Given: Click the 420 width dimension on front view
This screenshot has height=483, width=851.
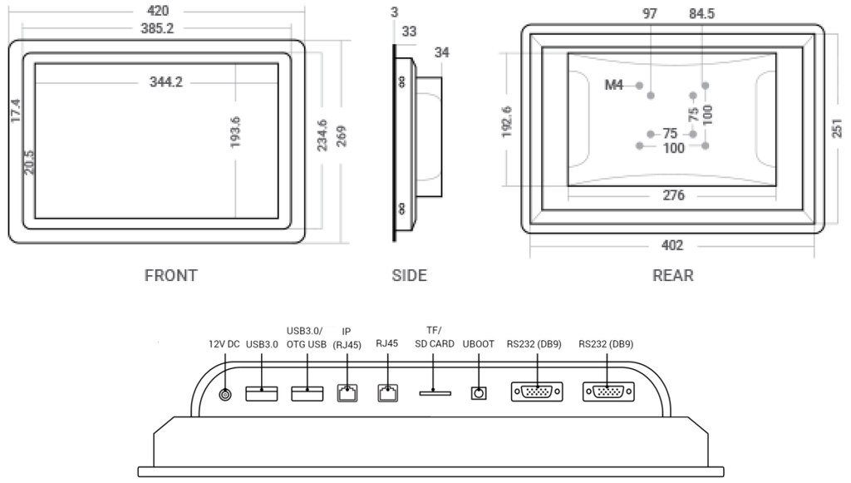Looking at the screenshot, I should click(x=158, y=11).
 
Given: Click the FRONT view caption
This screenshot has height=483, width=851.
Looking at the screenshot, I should click(x=171, y=275).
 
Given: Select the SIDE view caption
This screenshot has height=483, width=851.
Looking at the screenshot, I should click(x=409, y=275).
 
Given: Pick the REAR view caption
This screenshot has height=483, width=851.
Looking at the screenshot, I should click(x=672, y=275).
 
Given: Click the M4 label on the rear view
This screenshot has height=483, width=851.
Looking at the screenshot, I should click(x=614, y=86).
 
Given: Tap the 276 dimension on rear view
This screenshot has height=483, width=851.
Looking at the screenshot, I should click(x=673, y=196).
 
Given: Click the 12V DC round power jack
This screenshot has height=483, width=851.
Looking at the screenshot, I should click(x=224, y=393).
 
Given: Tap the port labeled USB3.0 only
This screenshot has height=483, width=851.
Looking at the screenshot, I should click(x=262, y=392).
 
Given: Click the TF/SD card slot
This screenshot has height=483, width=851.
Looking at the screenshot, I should click(x=435, y=392).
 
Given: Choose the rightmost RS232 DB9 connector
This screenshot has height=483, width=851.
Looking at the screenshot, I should click(x=608, y=392).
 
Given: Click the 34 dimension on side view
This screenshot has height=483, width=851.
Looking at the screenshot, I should click(x=440, y=52).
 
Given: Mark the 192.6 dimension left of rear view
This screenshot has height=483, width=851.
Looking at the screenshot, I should click(x=508, y=121).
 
